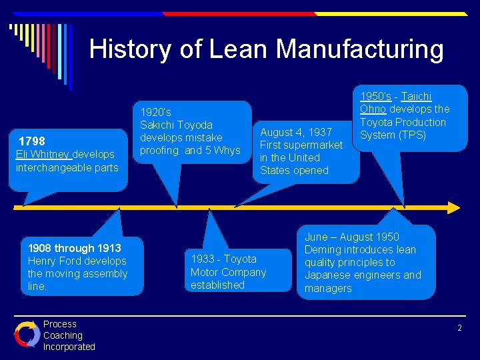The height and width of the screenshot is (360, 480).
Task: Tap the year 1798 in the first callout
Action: [32, 141]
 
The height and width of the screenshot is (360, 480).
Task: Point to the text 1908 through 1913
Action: [75, 248]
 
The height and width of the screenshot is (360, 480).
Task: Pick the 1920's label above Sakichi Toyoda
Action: [155, 112]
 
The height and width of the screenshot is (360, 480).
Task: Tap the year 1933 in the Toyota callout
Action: [203, 259]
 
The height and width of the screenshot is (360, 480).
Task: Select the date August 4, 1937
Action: [296, 132]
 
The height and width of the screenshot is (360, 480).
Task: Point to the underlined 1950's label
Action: [375, 96]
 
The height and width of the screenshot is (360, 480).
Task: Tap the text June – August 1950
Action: [352, 237]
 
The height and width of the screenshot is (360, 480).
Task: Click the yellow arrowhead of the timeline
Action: [453, 207]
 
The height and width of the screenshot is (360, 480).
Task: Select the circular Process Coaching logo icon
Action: [27, 335]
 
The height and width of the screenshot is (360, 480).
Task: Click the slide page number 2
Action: [460, 327]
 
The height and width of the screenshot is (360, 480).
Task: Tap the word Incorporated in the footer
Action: [69, 347]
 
